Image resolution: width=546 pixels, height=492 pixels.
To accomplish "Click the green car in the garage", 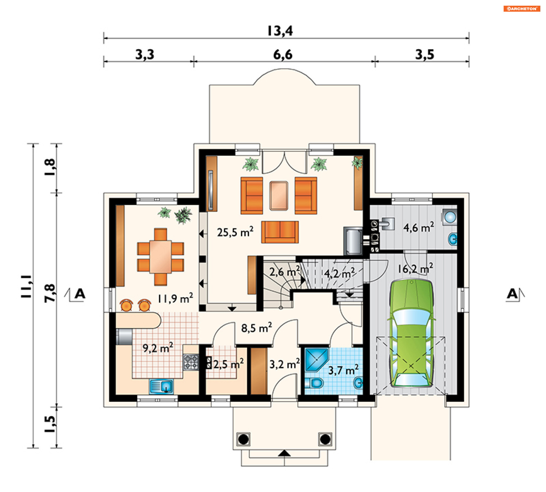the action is [411, 333].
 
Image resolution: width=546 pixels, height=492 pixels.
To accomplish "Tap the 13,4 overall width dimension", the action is [280, 31].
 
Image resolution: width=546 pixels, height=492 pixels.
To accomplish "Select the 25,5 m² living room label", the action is [235, 232].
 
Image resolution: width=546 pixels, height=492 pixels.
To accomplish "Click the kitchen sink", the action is [161, 386].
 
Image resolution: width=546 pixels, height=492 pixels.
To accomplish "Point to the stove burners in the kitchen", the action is [191, 362].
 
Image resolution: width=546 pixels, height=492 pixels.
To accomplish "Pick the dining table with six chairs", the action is [160, 257].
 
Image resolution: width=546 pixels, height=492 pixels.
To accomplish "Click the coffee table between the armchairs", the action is [279, 196].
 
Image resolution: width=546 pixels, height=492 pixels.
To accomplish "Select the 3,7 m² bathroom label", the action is [344, 370].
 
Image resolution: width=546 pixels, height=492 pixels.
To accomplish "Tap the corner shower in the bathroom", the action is [316, 360].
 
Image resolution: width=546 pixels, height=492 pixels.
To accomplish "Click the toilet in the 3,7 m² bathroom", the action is [315, 383].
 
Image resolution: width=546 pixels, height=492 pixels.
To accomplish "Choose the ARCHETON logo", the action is [522, 9].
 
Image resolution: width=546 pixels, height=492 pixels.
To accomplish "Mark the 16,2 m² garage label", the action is [415, 268].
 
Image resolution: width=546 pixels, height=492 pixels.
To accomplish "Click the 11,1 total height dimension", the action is [26, 286].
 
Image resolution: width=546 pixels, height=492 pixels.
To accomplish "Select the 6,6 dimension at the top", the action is [283, 54].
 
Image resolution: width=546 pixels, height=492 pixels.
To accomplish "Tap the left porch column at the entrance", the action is [243, 439].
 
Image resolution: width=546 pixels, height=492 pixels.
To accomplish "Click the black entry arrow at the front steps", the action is [284, 453].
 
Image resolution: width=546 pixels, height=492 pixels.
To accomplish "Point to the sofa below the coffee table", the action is [280, 232].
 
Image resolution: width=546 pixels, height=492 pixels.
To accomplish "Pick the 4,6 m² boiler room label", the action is [419, 227].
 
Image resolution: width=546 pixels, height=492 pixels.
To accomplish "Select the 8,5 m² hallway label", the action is [257, 328].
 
